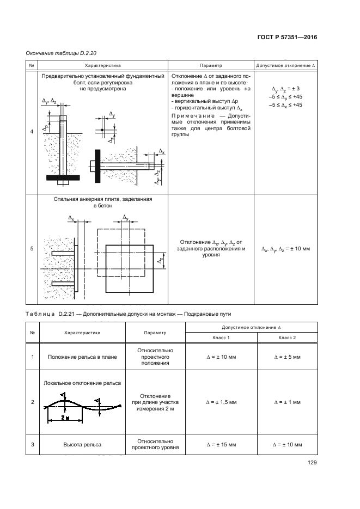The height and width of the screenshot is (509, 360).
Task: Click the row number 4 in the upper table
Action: click(32, 132)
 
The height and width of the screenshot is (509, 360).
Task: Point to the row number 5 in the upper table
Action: click(32, 249)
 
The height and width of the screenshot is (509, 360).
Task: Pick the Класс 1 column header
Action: click(221, 339)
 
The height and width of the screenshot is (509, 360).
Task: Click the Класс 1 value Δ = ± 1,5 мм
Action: click(221, 402)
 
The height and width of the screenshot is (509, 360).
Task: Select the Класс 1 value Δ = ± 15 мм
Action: click(221, 445)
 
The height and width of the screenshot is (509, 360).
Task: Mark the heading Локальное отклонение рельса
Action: click(82, 383)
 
